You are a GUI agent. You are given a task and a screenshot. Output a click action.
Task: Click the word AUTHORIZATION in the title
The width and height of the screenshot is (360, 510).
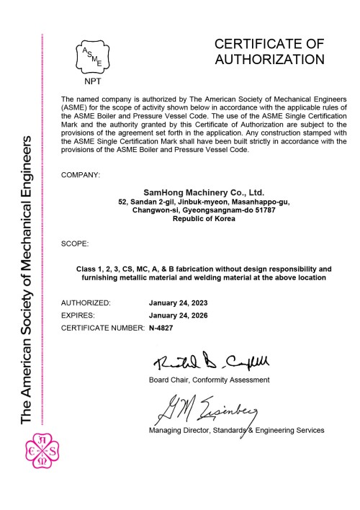(x=269, y=60)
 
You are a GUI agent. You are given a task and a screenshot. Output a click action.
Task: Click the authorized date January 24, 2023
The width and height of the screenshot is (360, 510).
(x=183, y=303)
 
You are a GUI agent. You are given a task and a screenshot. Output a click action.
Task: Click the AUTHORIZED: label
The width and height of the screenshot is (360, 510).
(x=86, y=303)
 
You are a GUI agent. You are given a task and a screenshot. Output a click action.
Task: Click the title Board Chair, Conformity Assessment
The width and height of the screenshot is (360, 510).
(x=209, y=379)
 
